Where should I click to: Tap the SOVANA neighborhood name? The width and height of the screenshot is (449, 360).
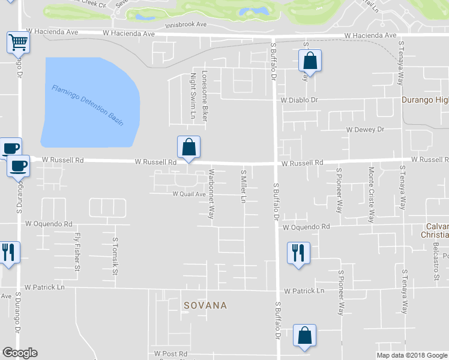[205, 305]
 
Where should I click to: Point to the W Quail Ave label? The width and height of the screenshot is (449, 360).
[189, 194]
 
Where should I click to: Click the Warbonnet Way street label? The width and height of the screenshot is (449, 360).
[211, 197]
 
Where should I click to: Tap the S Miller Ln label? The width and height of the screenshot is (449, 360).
[244, 186]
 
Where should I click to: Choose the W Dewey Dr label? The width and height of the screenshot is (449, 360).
[365, 130]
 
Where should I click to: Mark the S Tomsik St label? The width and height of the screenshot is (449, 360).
[115, 255]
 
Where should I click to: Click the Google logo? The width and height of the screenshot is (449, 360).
[20, 353]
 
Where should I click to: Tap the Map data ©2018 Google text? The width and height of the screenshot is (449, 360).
[411, 355]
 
